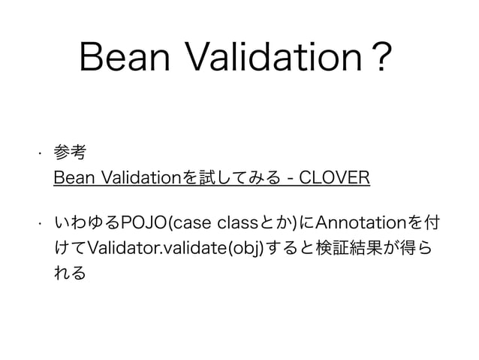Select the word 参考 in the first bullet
70,153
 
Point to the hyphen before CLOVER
291,180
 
